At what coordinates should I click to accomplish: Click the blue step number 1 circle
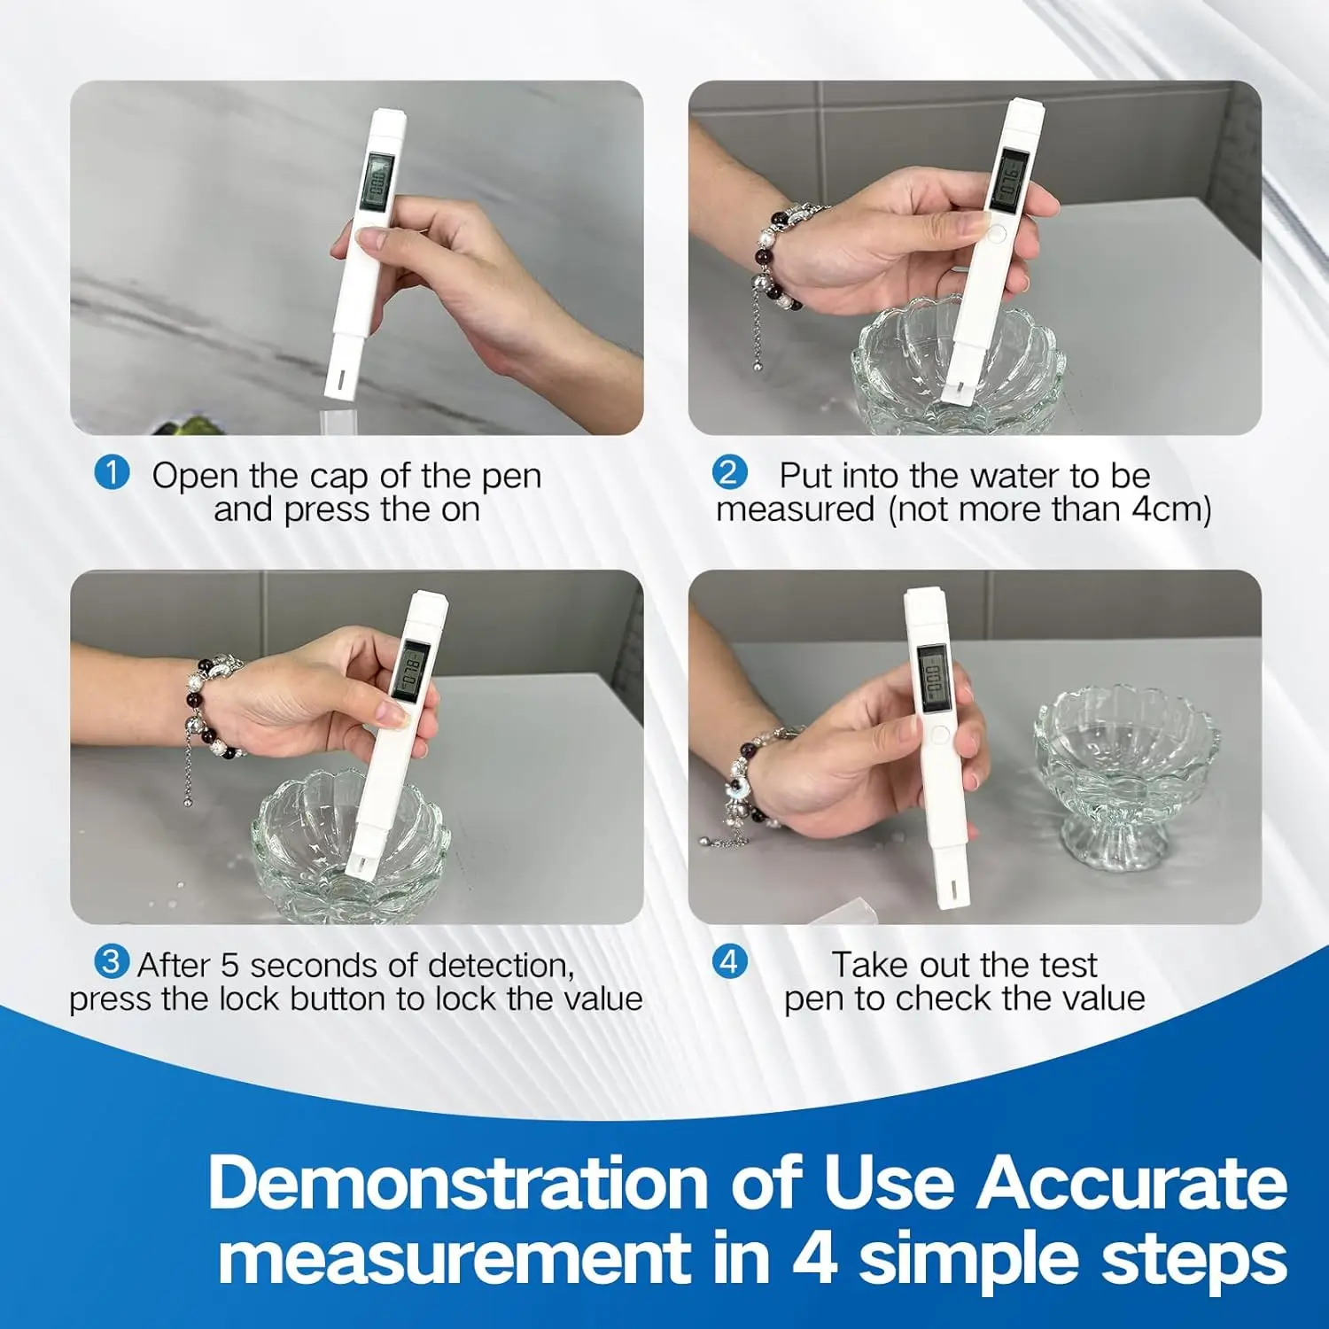click(112, 472)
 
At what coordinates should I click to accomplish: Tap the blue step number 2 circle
click(729, 472)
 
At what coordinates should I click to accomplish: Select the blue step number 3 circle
click(112, 961)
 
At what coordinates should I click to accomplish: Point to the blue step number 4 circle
click(729, 961)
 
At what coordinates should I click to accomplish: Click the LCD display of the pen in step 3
click(410, 671)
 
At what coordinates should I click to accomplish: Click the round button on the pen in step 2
click(996, 234)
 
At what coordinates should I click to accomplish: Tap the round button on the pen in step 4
click(940, 734)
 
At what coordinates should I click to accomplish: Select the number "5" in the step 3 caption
click(229, 965)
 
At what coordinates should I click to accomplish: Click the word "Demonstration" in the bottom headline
click(457, 1182)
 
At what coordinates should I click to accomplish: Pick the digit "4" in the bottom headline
click(813, 1257)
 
